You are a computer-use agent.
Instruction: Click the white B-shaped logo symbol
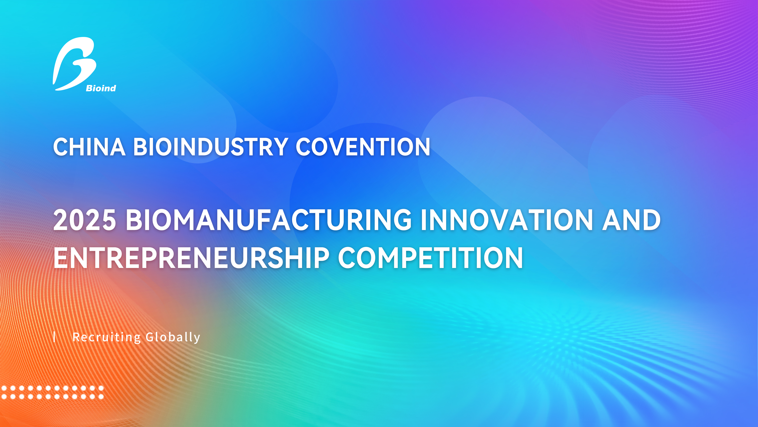click(74, 63)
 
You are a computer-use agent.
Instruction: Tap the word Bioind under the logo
click(101, 88)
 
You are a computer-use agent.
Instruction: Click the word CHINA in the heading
click(89, 147)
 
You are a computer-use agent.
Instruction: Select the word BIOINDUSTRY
click(211, 147)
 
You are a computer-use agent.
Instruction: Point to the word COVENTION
click(363, 147)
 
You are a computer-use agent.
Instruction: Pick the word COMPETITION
click(430, 258)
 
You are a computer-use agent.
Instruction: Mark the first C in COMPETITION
click(348, 258)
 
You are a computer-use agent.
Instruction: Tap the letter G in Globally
click(151, 337)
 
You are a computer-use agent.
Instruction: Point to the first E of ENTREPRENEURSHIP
click(60, 258)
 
